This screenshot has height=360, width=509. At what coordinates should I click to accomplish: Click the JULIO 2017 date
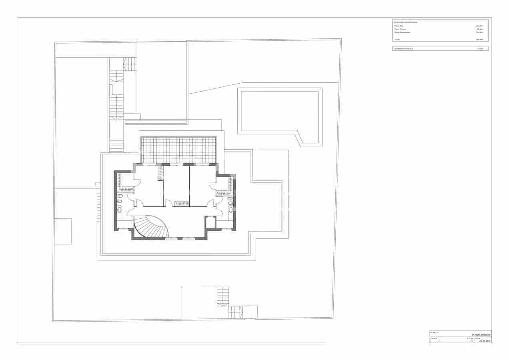(484, 341)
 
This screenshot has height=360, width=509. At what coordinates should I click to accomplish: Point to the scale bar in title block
(455, 341)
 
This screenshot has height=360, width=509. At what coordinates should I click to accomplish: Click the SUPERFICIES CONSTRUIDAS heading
(406, 22)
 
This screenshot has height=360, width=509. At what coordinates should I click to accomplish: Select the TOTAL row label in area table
(397, 40)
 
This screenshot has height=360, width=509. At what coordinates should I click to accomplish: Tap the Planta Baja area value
(479, 26)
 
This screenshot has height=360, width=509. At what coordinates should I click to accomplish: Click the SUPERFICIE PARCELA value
(480, 49)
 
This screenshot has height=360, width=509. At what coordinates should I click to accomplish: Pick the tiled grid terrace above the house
(178, 150)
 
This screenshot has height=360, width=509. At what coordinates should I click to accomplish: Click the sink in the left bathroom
(119, 210)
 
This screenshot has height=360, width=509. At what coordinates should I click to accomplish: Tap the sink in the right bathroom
(230, 209)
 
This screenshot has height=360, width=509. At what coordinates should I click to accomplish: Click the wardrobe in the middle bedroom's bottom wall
(182, 204)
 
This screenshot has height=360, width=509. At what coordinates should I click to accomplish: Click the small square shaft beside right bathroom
(210, 222)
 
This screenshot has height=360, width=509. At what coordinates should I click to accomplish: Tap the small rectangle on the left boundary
(63, 231)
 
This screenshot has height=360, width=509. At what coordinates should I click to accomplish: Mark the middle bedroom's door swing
(169, 203)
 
